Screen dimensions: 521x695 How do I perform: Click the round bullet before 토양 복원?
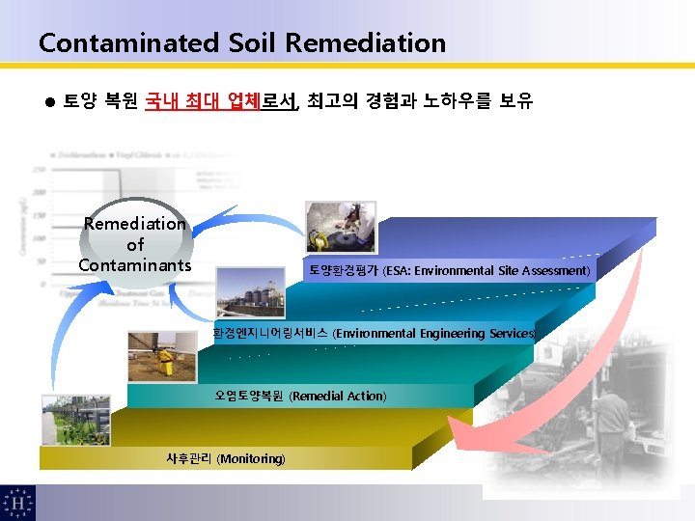point(49,100)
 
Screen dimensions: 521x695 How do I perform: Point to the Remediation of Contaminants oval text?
point(134,244)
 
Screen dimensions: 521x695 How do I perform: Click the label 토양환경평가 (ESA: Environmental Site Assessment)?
point(449,271)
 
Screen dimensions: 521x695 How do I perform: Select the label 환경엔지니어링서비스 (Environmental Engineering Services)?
point(374,333)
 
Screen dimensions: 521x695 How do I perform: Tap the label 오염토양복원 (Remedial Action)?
point(300,396)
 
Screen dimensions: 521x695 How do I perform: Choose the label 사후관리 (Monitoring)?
point(226,458)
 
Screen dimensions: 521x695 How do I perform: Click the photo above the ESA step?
point(334,228)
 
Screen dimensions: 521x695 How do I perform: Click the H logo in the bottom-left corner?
point(17,502)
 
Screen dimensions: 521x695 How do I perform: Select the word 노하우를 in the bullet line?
point(458,100)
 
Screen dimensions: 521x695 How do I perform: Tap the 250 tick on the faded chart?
point(39,170)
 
